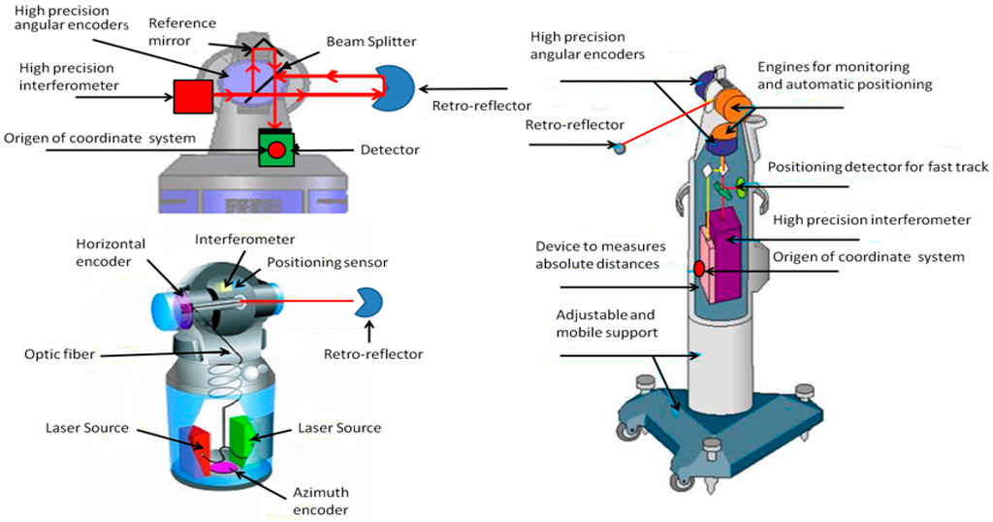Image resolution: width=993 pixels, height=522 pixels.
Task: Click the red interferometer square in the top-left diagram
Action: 192,95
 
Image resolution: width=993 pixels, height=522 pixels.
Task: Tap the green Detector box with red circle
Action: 276,148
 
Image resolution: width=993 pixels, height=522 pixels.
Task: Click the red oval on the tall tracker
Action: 696,268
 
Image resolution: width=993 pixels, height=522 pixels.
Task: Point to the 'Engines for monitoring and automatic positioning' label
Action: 844,76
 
